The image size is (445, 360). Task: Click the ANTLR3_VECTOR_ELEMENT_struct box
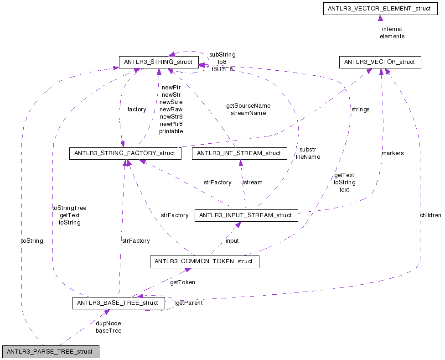(x=380, y=9)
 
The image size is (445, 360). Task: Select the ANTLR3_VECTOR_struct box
(x=380, y=62)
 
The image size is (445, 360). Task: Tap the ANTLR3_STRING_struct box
(x=158, y=62)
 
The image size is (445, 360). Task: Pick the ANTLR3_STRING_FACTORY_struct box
(x=125, y=153)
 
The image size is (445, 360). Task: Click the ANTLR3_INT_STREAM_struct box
(x=239, y=153)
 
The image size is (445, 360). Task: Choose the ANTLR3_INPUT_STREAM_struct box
(x=246, y=215)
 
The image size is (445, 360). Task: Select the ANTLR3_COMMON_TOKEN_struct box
(x=204, y=262)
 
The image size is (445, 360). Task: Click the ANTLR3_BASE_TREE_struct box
(x=118, y=303)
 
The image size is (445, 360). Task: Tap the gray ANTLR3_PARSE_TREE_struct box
(x=50, y=352)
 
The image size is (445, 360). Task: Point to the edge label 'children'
(x=430, y=215)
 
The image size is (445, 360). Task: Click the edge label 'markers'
(x=392, y=153)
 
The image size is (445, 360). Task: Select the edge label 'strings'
(x=360, y=110)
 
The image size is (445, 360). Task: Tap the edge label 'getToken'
(x=182, y=282)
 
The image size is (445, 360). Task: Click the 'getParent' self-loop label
(x=189, y=303)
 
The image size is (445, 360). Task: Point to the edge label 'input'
(x=232, y=241)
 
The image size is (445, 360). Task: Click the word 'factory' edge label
(x=136, y=110)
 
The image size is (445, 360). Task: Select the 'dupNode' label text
(x=108, y=323)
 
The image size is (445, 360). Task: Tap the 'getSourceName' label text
(x=248, y=106)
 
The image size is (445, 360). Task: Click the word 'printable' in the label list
(x=171, y=131)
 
